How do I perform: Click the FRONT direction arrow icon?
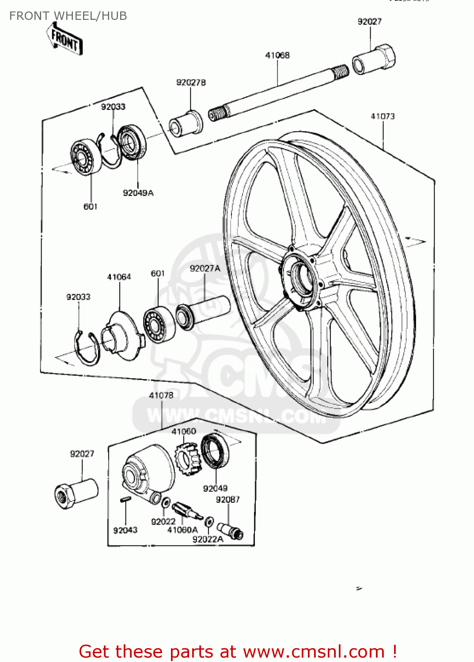65,39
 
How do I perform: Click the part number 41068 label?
277,55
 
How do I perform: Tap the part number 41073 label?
383,116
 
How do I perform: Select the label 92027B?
191,83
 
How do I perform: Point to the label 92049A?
138,193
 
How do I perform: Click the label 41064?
119,277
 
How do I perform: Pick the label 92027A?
205,268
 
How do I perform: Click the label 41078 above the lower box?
161,395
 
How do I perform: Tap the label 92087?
228,500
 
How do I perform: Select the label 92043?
125,530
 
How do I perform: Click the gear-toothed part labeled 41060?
188,459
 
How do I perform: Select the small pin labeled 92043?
125,500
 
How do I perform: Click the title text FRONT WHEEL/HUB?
68,16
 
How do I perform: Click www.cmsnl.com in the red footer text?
314,651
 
